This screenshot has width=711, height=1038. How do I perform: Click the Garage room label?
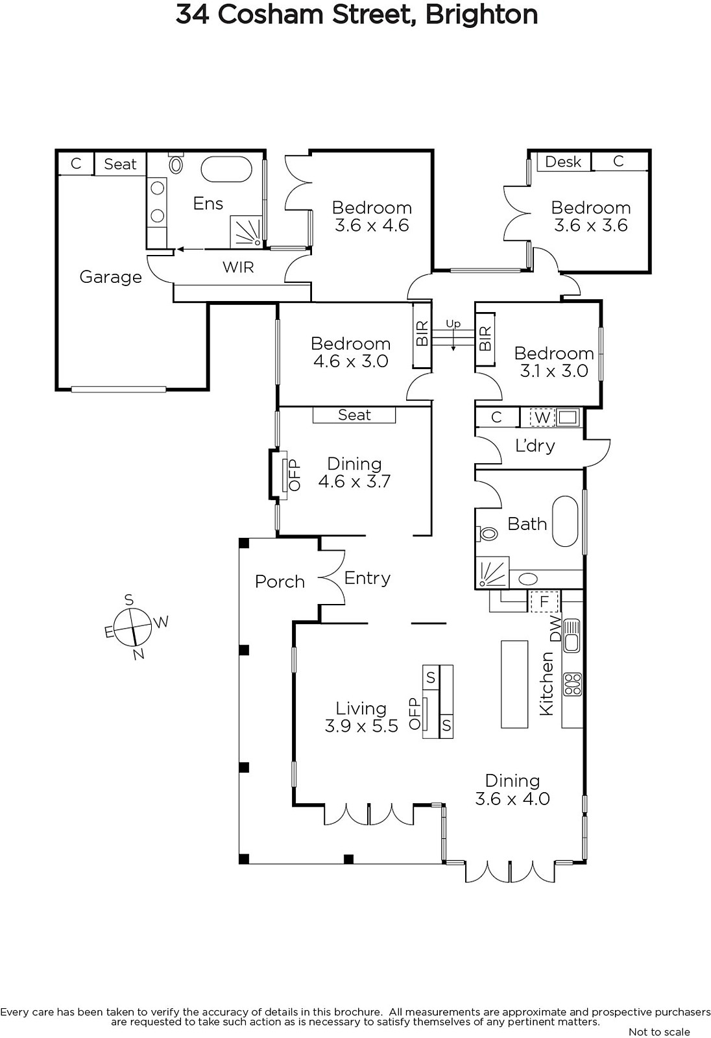pos(111,276)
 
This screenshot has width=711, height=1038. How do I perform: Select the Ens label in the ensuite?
pos(208,204)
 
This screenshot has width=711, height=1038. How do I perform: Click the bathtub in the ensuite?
pos(226,169)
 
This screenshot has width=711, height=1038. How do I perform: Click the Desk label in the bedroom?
pos(563,162)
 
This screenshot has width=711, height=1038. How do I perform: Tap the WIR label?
pos(238,267)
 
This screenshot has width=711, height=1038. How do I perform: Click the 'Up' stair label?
pos(453,324)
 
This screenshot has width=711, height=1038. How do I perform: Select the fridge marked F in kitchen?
pos(544,601)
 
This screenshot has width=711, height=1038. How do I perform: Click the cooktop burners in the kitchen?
pos(572,684)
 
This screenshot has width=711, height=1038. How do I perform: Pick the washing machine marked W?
pos(542,417)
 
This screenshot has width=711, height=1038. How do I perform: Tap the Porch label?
pos(280,581)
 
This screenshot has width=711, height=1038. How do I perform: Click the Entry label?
pos(368,578)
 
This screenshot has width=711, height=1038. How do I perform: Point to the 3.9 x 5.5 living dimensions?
pos(361,726)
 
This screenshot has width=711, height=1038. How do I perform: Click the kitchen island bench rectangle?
pos(514,684)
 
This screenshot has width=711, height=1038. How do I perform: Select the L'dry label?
pos(535,445)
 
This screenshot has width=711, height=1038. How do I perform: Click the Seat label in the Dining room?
pos(355,415)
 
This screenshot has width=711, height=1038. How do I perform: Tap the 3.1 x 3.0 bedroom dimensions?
pos(554,370)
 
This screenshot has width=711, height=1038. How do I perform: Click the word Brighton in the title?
pos(481,14)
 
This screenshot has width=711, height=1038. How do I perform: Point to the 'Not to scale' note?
pos(660,1032)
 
